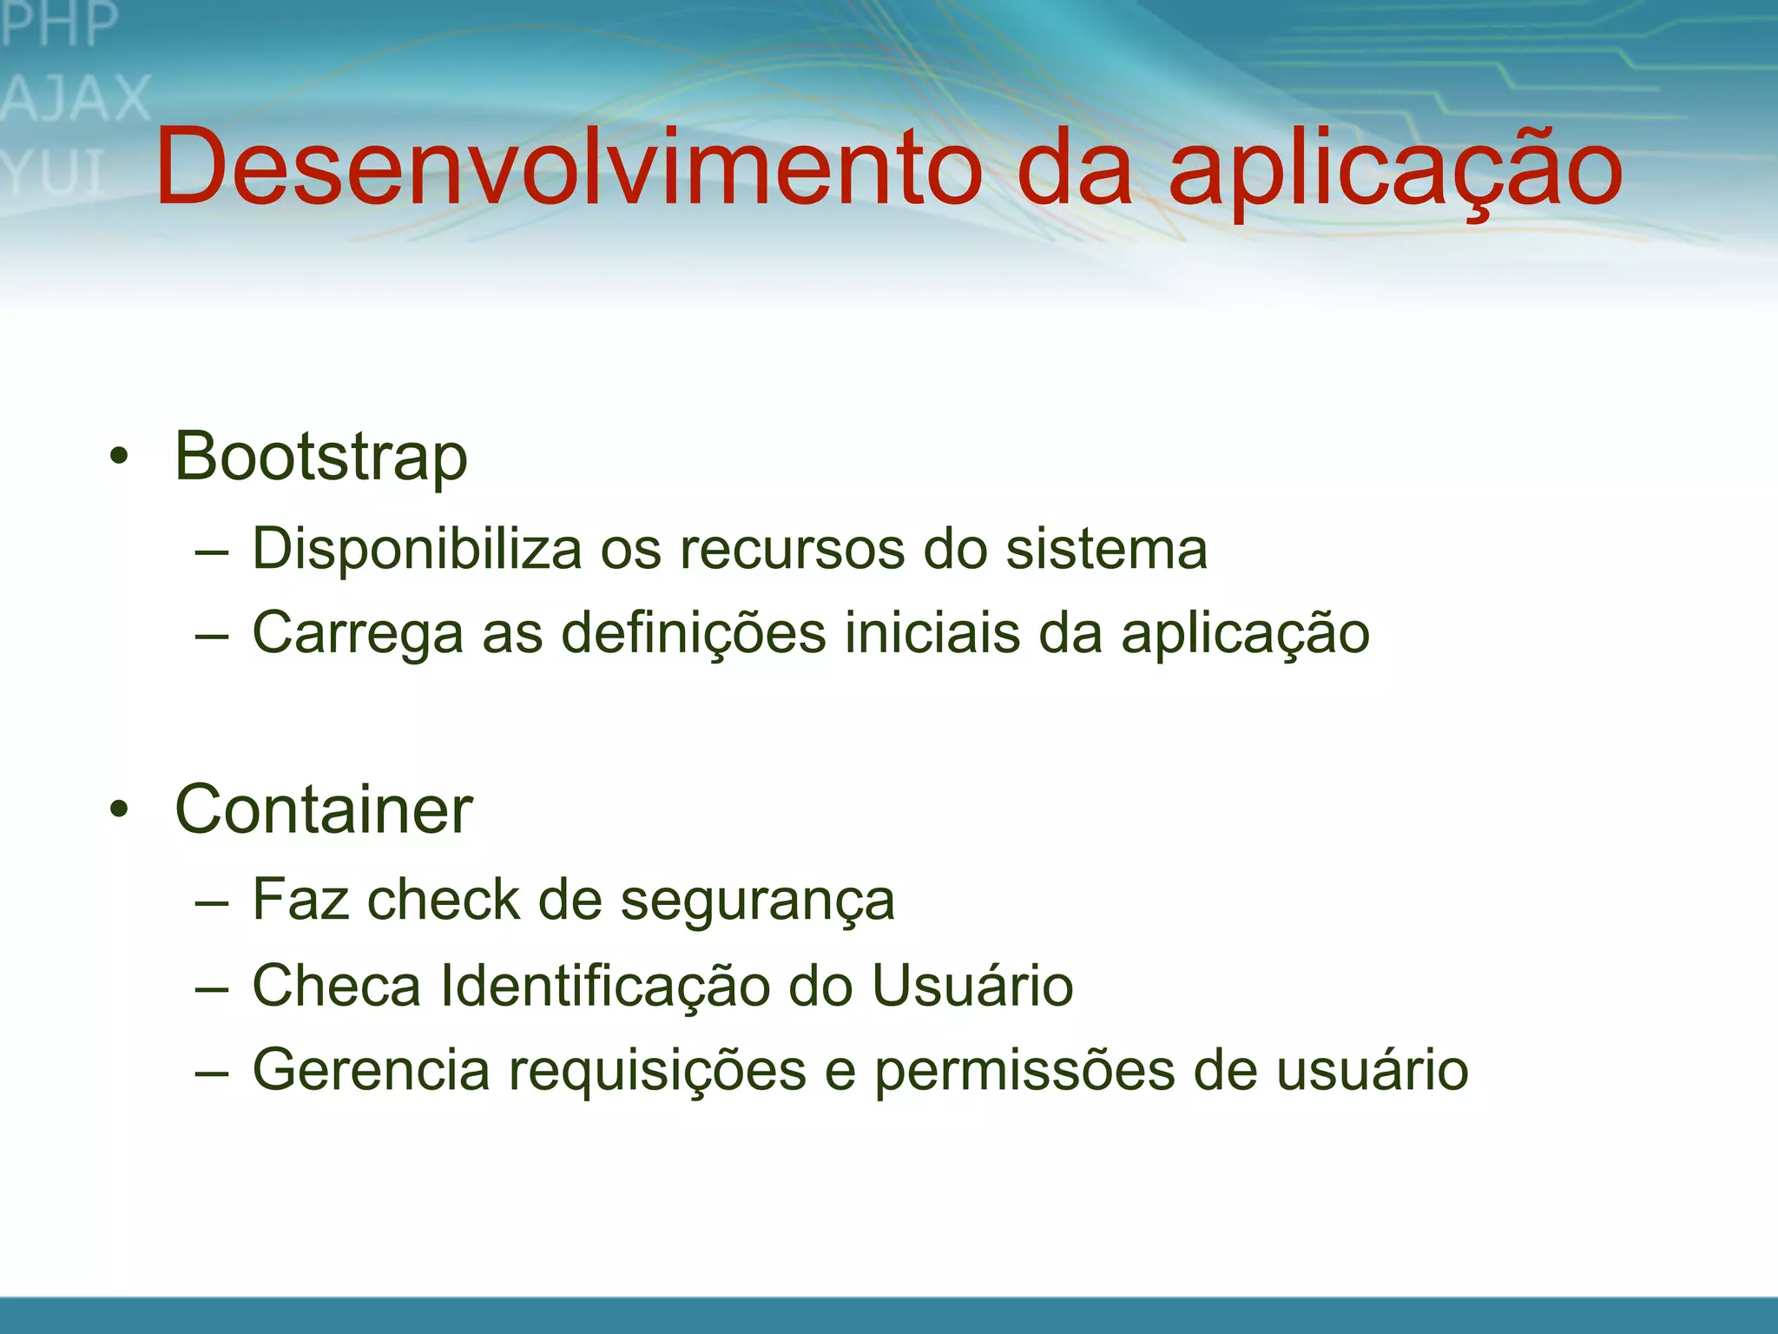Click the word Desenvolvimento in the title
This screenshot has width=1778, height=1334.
[x=569, y=167]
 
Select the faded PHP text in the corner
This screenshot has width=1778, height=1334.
[x=59, y=24]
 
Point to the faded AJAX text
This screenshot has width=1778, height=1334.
[x=76, y=98]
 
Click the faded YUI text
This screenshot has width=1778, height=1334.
[x=54, y=172]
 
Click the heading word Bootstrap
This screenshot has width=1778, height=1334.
[x=320, y=458]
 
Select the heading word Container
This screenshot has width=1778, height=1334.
[x=323, y=809]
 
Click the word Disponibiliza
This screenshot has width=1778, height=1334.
[x=417, y=551]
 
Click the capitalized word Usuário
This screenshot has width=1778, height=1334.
[x=972, y=986]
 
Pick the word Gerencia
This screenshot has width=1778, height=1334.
[x=371, y=1070]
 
